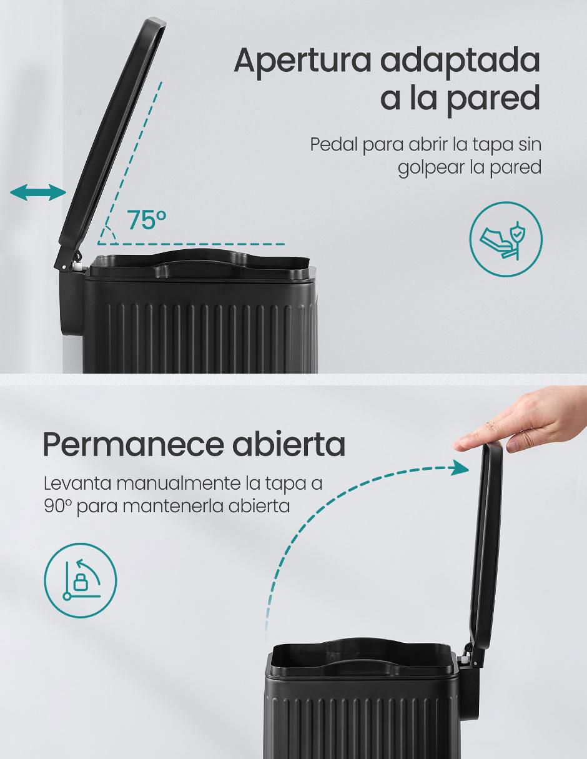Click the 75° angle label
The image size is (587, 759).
[x=147, y=219]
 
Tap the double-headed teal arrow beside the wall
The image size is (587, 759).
[x=38, y=192]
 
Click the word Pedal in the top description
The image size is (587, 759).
[x=334, y=144]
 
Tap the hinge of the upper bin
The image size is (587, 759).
[x=72, y=259]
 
